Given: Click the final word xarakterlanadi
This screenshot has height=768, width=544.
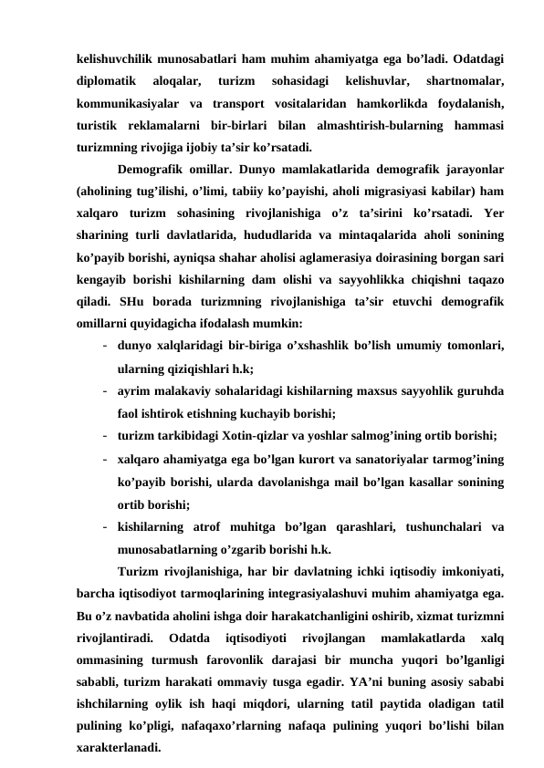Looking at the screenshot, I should (118, 747).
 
